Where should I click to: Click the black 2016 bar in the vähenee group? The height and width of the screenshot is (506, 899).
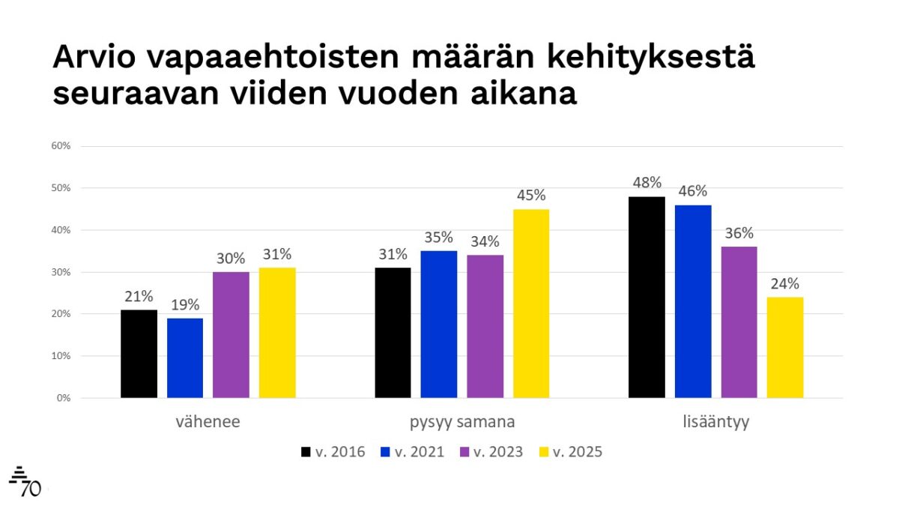pyautogui.click(x=139, y=354)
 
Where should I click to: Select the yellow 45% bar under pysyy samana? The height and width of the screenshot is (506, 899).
pyautogui.click(x=531, y=304)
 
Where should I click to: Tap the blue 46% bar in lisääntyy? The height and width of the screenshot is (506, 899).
pyautogui.click(x=693, y=301)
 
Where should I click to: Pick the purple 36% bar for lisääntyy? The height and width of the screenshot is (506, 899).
pyautogui.click(x=739, y=322)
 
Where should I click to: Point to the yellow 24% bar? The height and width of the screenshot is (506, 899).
pyautogui.click(x=785, y=347)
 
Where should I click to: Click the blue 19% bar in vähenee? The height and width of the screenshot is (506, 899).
pyautogui.click(x=185, y=358)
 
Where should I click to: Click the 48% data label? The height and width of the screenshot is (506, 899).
pyautogui.click(x=647, y=182)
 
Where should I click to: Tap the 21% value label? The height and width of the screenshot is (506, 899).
pyautogui.click(x=139, y=296)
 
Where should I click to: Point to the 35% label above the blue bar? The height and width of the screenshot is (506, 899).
pyautogui.click(x=439, y=238)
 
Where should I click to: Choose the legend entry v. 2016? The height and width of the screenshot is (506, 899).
pyautogui.click(x=333, y=452)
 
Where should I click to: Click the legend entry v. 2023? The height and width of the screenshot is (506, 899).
pyautogui.click(x=491, y=452)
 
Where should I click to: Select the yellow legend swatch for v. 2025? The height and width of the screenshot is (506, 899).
pyautogui.click(x=545, y=452)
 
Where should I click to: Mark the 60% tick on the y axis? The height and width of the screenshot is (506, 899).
pyautogui.click(x=61, y=146)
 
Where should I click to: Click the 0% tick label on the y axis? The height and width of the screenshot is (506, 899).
pyautogui.click(x=63, y=398)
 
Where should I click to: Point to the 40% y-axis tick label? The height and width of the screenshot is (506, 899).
pyautogui.click(x=61, y=230)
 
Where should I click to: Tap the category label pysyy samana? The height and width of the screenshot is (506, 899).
pyautogui.click(x=462, y=422)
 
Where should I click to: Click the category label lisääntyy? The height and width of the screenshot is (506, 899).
pyautogui.click(x=715, y=422)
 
